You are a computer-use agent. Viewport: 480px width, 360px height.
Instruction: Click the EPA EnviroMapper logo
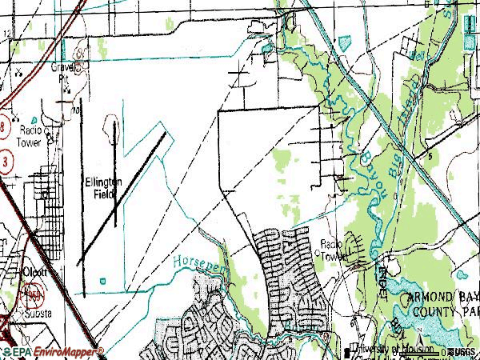[52, 352]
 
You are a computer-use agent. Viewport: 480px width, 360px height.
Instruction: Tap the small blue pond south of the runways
[103, 280]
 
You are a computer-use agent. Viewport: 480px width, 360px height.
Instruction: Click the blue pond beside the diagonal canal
[345, 41]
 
